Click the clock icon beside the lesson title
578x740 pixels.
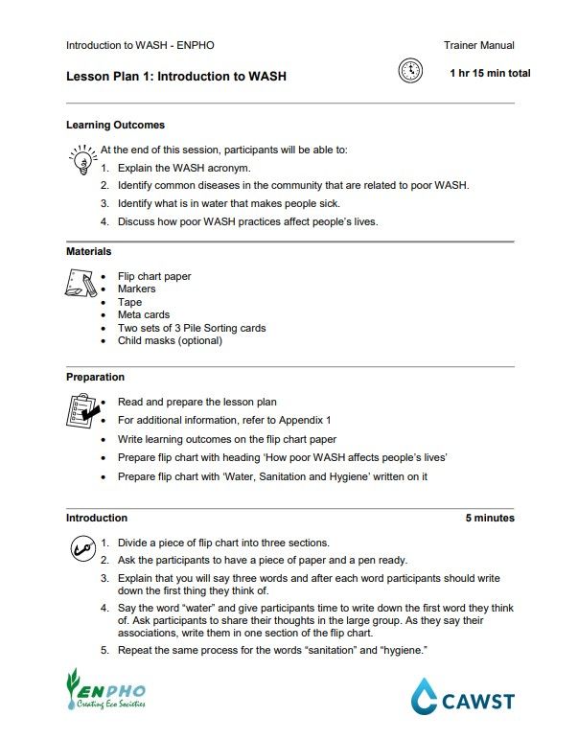coord(409,72)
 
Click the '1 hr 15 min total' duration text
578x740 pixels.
coord(490,74)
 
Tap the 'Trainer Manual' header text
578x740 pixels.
coord(478,45)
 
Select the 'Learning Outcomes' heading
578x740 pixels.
coord(115,125)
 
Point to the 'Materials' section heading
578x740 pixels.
coord(88,251)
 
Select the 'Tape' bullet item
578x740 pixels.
coord(129,302)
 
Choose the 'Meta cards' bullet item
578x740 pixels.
coord(144,314)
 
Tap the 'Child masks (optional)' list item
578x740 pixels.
coord(170,340)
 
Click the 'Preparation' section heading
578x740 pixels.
coord(95,377)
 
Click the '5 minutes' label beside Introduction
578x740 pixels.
coord(490,518)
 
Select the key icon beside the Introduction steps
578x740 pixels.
coord(81,549)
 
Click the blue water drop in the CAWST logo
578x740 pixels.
coord(424,697)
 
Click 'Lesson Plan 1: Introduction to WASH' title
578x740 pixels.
coord(175,76)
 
